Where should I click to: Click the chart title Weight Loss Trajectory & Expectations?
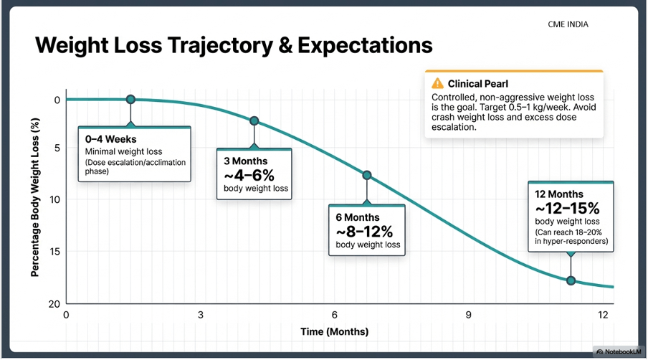(x=234, y=45)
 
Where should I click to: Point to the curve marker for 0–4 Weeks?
(x=130, y=100)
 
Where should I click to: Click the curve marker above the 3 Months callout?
(x=254, y=121)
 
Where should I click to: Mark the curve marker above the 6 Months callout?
(x=366, y=175)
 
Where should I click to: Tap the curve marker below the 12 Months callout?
(x=571, y=280)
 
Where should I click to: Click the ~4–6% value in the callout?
(x=249, y=175)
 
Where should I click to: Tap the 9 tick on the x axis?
(x=468, y=315)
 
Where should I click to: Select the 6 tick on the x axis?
(x=334, y=315)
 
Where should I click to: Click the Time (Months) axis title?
(x=334, y=331)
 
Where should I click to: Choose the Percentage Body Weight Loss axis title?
(x=34, y=199)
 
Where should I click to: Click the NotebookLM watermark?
(x=618, y=352)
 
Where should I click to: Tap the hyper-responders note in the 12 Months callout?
(x=571, y=237)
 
